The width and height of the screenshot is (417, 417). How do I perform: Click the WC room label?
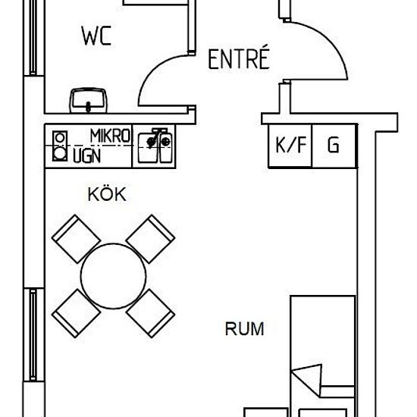(96, 36)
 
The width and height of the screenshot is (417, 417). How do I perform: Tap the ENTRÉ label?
(239, 58)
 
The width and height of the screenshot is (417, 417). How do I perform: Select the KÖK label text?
(107, 194)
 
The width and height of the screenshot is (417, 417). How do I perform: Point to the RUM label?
(244, 329)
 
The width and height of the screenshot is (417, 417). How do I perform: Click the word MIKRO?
(110, 136)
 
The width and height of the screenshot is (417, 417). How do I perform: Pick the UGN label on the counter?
(87, 156)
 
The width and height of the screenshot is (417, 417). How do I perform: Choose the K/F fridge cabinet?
(290, 146)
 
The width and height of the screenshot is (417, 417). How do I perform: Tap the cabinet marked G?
(334, 146)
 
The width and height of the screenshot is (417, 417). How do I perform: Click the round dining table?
(113, 276)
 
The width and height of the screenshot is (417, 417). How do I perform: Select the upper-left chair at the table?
(77, 239)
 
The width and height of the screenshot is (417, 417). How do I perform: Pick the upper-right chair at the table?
(150, 239)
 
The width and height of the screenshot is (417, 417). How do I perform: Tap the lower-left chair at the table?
(77, 313)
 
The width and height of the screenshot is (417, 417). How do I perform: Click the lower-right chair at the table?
(150, 313)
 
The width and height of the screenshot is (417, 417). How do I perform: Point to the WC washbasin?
(88, 101)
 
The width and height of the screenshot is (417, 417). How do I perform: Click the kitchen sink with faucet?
(155, 146)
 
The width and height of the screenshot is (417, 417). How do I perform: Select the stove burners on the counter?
(60, 146)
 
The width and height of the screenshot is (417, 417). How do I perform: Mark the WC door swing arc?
(154, 70)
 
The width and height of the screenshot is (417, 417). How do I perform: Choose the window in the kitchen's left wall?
(33, 335)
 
